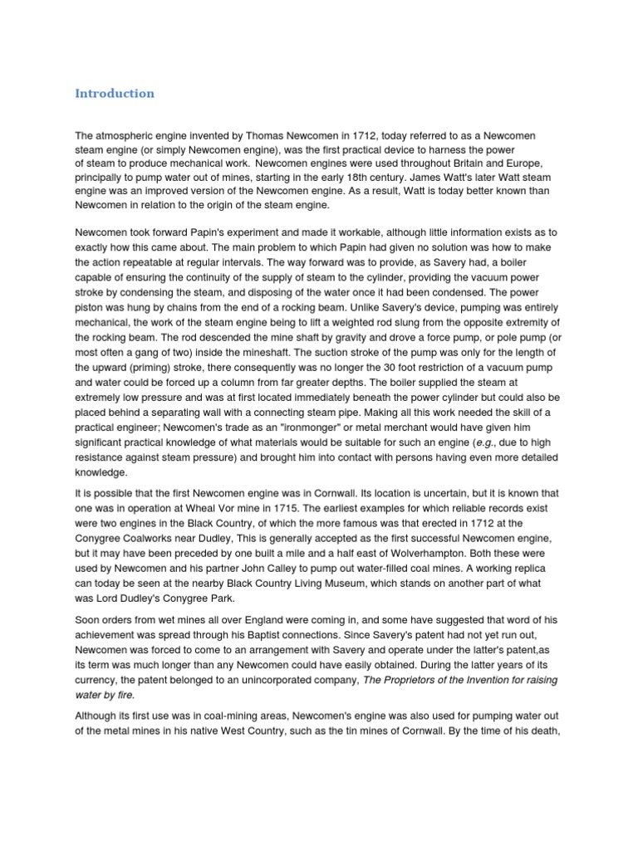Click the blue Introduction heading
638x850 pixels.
coord(115,94)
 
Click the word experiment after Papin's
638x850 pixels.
coord(238,234)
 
